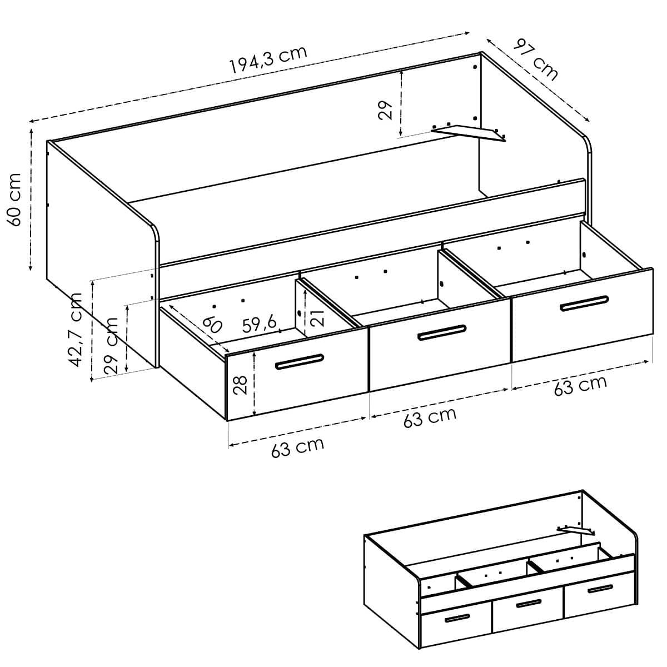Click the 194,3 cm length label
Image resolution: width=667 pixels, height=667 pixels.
(268, 59)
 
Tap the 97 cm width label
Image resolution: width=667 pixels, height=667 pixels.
(535, 59)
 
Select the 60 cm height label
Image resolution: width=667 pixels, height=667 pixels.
(14, 199)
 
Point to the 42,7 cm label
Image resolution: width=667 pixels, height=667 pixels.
(75, 329)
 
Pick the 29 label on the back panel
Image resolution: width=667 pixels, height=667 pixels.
(385, 111)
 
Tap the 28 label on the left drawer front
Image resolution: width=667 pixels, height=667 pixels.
(240, 385)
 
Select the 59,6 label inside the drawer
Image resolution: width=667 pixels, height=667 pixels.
(259, 324)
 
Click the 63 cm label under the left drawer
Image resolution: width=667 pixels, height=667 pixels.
(298, 447)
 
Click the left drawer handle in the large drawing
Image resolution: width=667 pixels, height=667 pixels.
(300, 362)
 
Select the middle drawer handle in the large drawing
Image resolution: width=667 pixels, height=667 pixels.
(442, 332)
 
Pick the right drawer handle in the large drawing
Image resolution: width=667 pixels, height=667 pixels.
(584, 303)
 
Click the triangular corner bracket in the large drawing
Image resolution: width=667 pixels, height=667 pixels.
(470, 133)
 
